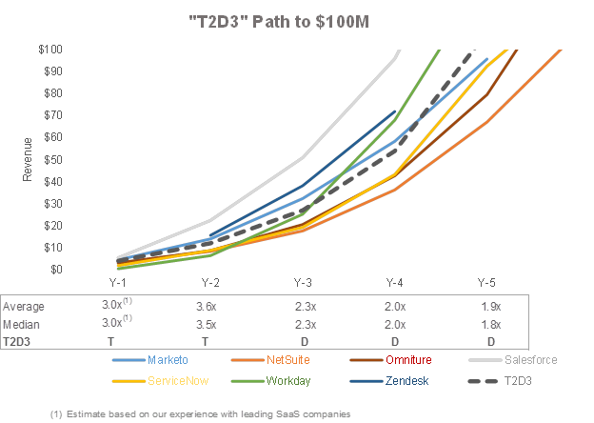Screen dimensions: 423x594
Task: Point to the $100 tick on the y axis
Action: tap(51, 49)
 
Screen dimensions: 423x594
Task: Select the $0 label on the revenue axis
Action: tap(57, 270)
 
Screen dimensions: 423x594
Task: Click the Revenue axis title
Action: tap(27, 159)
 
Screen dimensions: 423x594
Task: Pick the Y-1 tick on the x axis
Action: tap(118, 283)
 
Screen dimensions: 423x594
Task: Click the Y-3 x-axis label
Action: tap(303, 283)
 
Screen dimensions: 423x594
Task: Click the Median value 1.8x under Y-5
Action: tap(490, 324)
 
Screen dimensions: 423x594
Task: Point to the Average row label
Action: tap(24, 307)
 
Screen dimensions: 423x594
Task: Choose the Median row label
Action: tap(21, 324)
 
